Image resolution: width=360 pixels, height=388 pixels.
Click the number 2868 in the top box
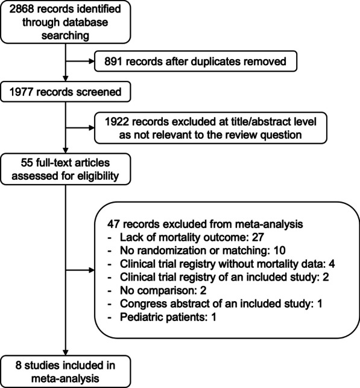[x=22, y=9]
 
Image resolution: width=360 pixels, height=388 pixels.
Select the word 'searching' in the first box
[x=65, y=36]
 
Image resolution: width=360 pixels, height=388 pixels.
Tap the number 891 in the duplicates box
[x=113, y=62]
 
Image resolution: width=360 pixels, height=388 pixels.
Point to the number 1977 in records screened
[x=21, y=92]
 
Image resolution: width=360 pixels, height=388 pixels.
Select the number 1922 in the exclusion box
[x=117, y=122]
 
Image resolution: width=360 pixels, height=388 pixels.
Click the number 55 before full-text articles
[x=27, y=163]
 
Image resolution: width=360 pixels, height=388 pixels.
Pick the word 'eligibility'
[x=98, y=176]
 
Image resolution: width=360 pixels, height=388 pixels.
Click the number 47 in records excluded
[x=113, y=224]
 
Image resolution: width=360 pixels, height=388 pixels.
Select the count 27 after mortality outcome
[x=258, y=237]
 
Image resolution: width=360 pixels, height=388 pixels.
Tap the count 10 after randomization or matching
[x=279, y=250]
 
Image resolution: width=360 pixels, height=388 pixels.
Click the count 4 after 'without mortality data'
[x=332, y=264]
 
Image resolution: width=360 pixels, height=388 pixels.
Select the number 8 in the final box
[x=18, y=366]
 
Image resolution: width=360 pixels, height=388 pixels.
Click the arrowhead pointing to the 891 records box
[x=92, y=62]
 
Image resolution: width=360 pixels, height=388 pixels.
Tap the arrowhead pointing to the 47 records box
[x=92, y=270]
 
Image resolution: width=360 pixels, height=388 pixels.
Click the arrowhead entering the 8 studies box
[x=66, y=352]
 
